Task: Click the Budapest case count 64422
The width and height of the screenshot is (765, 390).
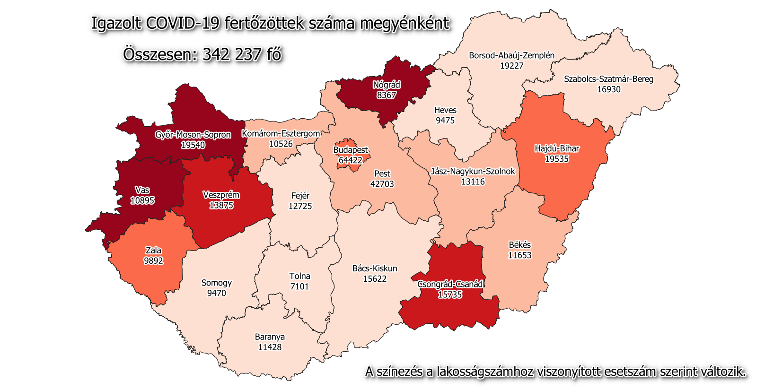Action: [x=350, y=160]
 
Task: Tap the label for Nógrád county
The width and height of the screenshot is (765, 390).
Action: [x=387, y=85]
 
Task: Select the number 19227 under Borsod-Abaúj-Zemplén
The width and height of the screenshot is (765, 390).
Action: [x=511, y=66]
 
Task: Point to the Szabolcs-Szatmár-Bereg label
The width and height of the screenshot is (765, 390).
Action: [x=608, y=79]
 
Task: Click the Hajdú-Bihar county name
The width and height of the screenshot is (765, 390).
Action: [x=557, y=148]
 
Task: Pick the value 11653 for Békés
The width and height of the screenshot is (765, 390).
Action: [x=519, y=255]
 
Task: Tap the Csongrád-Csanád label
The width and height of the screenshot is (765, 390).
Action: [x=450, y=284]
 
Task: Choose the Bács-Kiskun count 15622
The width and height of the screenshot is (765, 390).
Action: [x=375, y=279]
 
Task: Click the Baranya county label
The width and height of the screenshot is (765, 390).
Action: [x=270, y=337]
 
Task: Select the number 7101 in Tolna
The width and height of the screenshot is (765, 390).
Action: [x=299, y=286]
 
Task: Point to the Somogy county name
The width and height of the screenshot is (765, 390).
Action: [x=217, y=283]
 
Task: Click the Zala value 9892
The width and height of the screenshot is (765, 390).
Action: [x=153, y=261]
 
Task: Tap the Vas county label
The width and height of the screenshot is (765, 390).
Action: [x=142, y=190]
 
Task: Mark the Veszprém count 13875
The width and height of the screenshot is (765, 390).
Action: [x=221, y=206]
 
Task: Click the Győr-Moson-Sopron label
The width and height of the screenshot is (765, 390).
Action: [x=193, y=135]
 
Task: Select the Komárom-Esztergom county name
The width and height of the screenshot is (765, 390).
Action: [x=281, y=134]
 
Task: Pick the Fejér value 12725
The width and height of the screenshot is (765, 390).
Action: [x=300, y=206]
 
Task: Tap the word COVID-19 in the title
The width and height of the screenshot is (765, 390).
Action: [x=183, y=23]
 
